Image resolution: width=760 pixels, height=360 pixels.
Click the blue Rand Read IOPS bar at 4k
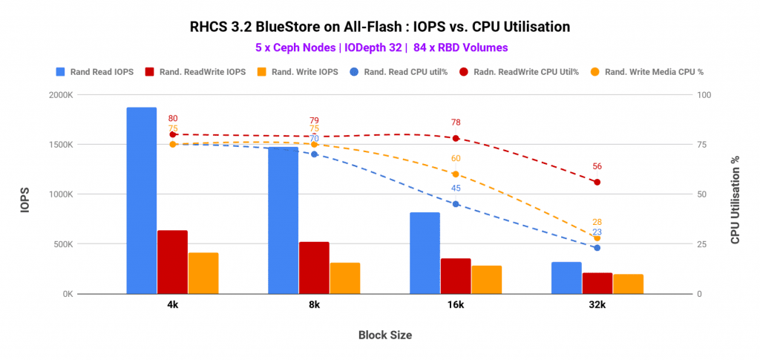pos(142,200)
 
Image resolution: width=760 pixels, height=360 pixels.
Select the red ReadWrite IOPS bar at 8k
pos(314,267)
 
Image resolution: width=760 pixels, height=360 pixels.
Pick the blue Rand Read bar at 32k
pos(566,278)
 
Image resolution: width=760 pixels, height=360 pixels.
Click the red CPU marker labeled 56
pos(597,182)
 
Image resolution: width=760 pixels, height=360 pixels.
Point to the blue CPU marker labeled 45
pos(456,204)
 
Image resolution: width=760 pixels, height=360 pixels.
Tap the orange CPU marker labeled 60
pos(456,174)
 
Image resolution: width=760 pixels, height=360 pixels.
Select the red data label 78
pos(456,122)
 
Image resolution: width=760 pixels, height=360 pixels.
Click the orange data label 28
pos(597,222)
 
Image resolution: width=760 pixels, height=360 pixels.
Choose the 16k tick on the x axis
pos(456,305)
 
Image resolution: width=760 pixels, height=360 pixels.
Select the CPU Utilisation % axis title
pos(735,194)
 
